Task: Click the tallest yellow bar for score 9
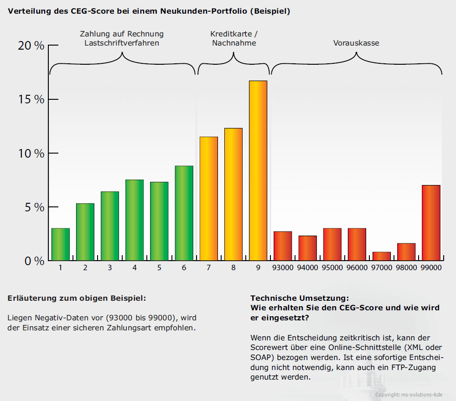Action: pyautogui.click(x=258, y=170)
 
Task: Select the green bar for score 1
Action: pyautogui.click(x=61, y=244)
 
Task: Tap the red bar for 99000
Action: pyautogui.click(x=431, y=223)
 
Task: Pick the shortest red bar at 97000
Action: pyautogui.click(x=382, y=256)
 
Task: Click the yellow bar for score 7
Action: pyautogui.click(x=209, y=199)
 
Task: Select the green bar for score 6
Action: pyautogui.click(x=184, y=213)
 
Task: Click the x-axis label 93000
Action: pyautogui.click(x=283, y=268)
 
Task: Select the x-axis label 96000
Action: pyautogui.click(x=357, y=268)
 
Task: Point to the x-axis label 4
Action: pyautogui.click(x=135, y=268)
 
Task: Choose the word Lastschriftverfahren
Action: pyautogui.click(x=122, y=43)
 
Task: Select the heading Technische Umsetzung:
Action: pyautogui.click(x=300, y=298)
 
